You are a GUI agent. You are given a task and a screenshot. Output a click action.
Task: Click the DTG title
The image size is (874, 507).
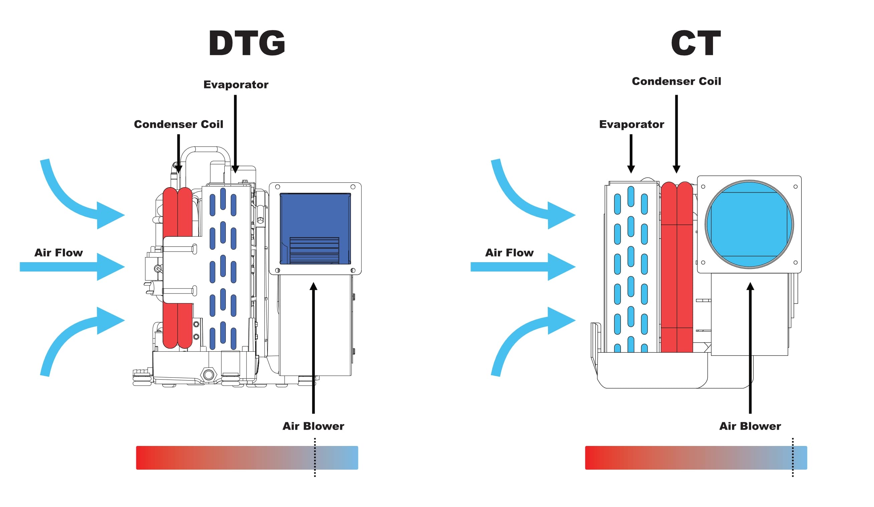[246, 43]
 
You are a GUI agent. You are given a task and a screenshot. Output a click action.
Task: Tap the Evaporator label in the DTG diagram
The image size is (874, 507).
[236, 84]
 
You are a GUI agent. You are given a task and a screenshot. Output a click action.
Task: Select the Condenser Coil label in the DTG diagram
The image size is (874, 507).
[178, 124]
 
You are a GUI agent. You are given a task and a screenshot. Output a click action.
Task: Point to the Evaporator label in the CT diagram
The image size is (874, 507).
[631, 124]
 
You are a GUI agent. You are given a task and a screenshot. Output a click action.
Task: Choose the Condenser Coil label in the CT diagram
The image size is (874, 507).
[676, 81]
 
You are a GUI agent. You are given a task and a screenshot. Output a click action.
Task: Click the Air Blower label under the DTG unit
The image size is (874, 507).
[313, 426]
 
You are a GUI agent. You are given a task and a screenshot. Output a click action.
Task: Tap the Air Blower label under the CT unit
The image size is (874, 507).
[750, 426]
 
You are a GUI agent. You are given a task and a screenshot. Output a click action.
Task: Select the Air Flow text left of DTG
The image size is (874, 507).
[59, 252]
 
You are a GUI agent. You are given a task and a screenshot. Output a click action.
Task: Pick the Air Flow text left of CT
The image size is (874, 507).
[509, 252]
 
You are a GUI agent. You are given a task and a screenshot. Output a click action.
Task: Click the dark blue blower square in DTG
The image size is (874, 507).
[315, 228]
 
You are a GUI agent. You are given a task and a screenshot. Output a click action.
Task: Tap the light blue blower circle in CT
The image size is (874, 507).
[749, 224]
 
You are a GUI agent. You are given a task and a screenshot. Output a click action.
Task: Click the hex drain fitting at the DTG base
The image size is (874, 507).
[208, 374]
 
